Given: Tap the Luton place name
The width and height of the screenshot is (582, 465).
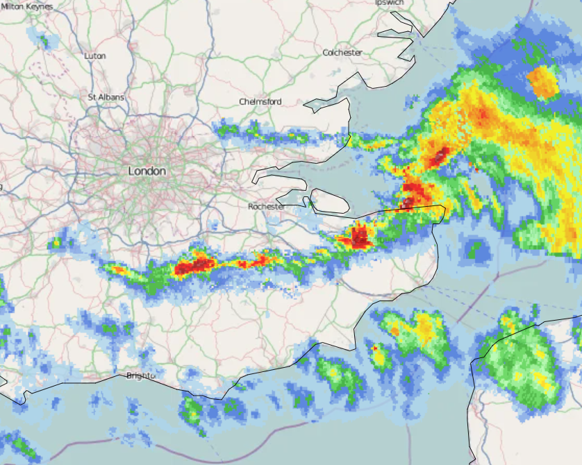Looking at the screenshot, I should (95, 56).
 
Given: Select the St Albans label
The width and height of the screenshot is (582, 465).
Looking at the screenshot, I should (106, 97).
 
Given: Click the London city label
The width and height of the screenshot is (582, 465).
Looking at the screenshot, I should (147, 171).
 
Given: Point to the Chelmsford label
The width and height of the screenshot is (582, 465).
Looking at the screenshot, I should (260, 101).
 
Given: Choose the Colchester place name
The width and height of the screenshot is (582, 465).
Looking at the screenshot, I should (342, 53).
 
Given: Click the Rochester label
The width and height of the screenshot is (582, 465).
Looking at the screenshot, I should (267, 207).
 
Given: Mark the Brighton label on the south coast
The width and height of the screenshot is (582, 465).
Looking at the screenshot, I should (140, 375).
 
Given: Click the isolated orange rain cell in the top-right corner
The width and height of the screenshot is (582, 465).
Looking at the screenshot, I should (543, 82).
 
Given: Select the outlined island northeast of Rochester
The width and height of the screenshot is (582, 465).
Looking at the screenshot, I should (330, 202).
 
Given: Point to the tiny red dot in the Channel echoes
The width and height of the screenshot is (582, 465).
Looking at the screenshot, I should (374, 348).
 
